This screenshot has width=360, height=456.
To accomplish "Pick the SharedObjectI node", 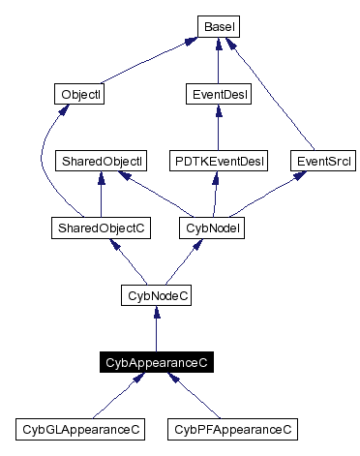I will point(101,161).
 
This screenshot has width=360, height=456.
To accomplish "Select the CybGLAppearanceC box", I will point(81,428).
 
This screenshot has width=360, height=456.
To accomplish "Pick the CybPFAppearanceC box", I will point(230,428).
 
